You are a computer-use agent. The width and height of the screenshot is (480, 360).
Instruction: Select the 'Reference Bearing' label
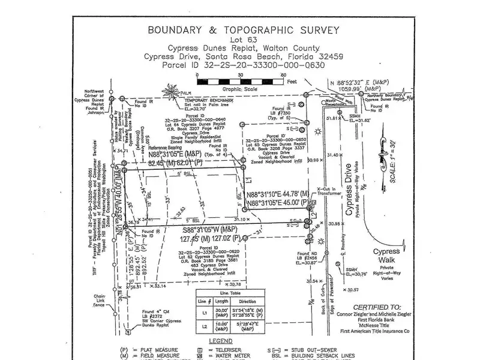point(165,147)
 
